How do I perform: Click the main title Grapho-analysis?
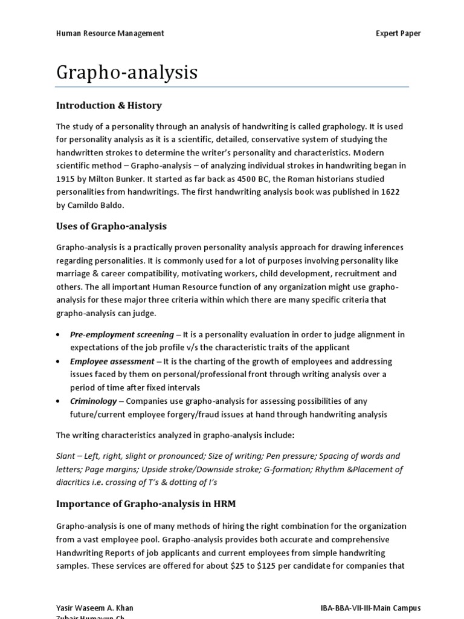(x=127, y=73)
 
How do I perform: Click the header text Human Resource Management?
(x=110, y=33)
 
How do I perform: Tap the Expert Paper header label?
(x=398, y=33)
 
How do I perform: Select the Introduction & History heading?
(x=109, y=105)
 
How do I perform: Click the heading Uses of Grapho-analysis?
(x=111, y=226)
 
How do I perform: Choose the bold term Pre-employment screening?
(x=121, y=334)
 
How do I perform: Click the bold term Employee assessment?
(x=112, y=361)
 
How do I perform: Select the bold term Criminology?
(x=92, y=401)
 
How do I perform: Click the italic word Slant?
(x=66, y=456)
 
